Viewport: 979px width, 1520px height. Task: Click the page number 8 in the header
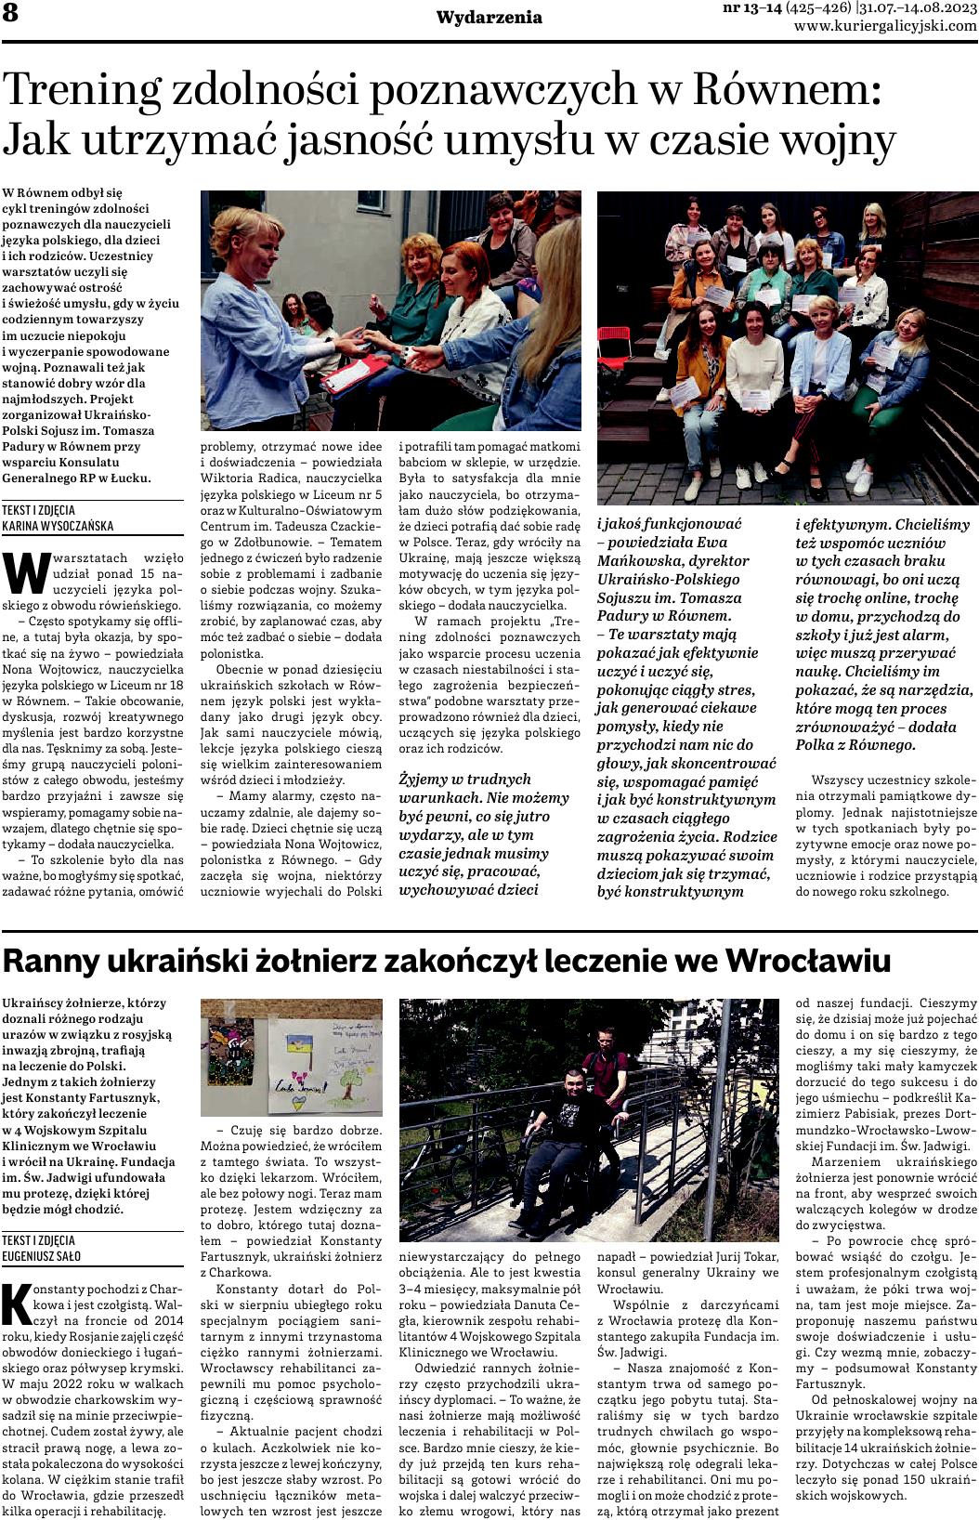11,13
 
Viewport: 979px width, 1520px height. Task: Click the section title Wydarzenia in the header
489,18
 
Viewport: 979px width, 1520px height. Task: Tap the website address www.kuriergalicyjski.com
885,26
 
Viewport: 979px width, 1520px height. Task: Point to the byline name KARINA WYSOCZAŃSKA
58,526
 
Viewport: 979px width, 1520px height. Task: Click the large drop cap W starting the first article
23,572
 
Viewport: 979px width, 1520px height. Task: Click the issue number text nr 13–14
751,8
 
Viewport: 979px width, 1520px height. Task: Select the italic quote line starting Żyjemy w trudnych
464,780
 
